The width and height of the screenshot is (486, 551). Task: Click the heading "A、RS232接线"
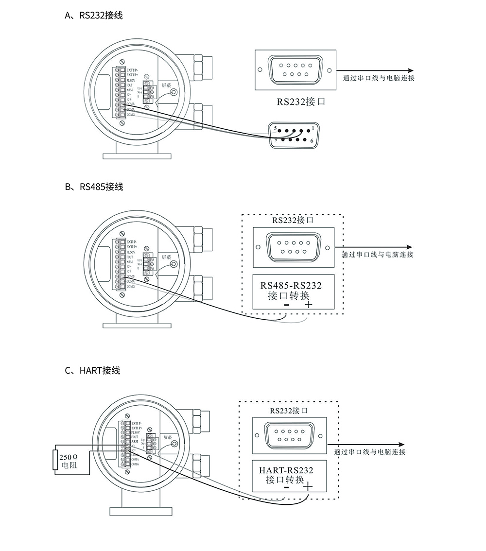pos(94,16)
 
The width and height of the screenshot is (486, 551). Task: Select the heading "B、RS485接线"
pos(94,187)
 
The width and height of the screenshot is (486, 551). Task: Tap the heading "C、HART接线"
pos(92,370)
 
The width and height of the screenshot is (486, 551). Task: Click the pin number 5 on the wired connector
pos(275,128)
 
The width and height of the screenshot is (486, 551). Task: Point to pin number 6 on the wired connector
pos(312,140)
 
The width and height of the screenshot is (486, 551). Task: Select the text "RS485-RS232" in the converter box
pos(291,285)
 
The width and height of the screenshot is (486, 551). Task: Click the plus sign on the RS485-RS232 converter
pos(308,305)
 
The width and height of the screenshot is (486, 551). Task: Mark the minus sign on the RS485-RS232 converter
pos(286,305)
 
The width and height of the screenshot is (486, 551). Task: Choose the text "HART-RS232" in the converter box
pos(287,470)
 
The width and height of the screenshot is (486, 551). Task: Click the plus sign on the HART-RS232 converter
pos(308,486)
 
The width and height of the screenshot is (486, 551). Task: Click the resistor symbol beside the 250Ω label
pos(55,461)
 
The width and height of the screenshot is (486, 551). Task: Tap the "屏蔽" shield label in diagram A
pos(166,85)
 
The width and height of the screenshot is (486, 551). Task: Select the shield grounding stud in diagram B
pos(174,265)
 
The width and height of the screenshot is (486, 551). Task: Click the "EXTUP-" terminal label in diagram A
pos(132,70)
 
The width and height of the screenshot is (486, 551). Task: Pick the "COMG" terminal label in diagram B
pos(130,287)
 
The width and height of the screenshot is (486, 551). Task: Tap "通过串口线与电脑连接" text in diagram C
pos(370,452)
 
